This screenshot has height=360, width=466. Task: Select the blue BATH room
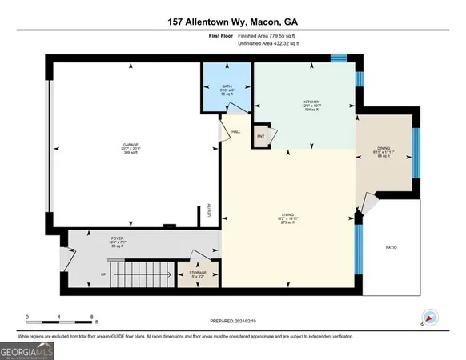point(227,89)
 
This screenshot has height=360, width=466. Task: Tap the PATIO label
point(392,246)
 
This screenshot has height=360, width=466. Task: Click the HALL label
point(236,131)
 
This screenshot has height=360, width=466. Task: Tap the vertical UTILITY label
point(209,210)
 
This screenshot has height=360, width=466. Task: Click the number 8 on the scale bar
point(93,317)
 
